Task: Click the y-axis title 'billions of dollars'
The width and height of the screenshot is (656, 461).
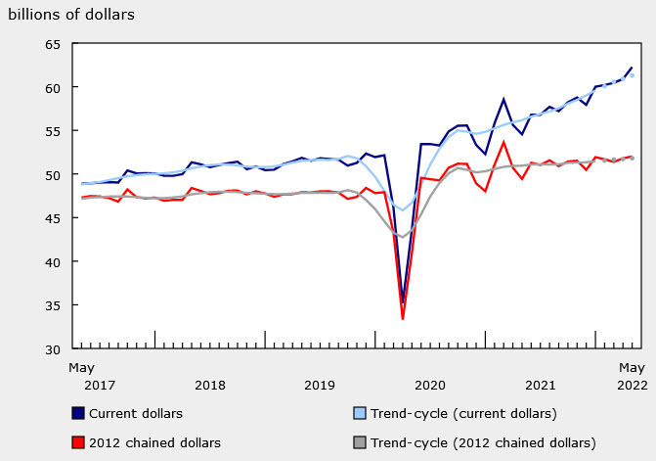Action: click(x=71, y=15)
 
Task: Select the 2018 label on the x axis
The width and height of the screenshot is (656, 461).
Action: click(x=210, y=385)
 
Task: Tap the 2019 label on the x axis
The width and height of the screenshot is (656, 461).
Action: click(x=321, y=385)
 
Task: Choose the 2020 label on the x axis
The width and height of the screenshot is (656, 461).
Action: click(x=430, y=385)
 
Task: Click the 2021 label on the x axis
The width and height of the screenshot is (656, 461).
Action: click(x=541, y=385)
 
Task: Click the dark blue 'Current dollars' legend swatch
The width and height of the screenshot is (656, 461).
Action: click(x=78, y=413)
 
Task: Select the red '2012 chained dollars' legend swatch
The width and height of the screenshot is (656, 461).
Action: click(x=78, y=442)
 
